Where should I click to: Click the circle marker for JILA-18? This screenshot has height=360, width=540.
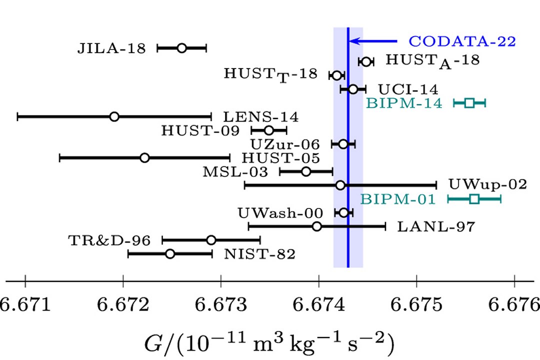click(x=181, y=48)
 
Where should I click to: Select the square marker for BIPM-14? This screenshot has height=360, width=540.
click(x=469, y=103)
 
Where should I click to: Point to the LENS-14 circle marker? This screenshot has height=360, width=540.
click(x=114, y=116)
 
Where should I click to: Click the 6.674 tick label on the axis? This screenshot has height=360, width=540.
click(x=318, y=303)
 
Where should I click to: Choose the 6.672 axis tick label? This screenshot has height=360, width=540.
click(x=123, y=303)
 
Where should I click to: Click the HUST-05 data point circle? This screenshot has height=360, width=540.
click(x=144, y=158)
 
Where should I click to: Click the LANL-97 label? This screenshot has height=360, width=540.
click(x=435, y=227)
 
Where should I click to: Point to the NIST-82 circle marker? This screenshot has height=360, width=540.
click(x=170, y=254)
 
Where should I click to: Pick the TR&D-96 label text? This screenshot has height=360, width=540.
click(x=109, y=240)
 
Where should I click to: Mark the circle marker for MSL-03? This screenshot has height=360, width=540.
click(x=306, y=171)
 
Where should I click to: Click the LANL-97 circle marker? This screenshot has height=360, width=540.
click(x=316, y=226)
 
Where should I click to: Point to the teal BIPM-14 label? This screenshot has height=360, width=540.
click(x=404, y=103)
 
